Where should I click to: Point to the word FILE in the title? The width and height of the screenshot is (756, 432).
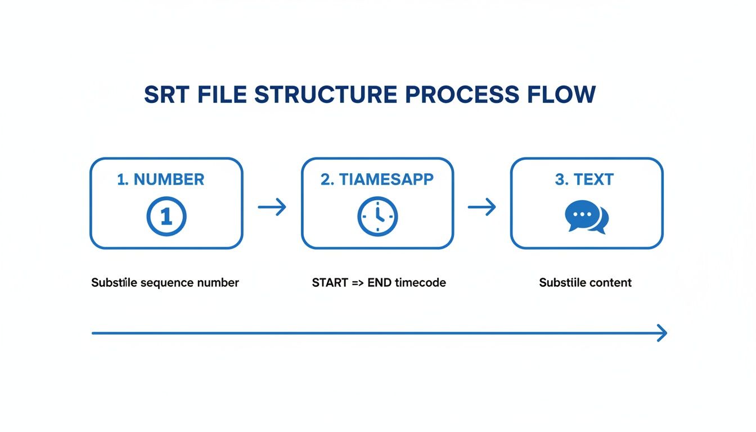coord(222,94)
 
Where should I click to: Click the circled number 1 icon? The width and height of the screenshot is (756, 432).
coord(166,216)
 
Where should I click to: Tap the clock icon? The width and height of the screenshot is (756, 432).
coord(377,216)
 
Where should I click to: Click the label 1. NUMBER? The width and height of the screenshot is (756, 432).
coord(161,179)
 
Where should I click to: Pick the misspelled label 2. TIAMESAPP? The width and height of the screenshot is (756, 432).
coord(377,179)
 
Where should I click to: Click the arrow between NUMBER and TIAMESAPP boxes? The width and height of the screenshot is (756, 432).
coord(272,207)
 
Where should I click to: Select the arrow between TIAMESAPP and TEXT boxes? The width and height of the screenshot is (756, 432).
coord(482,207)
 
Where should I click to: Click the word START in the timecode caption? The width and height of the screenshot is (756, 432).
coord(330,282)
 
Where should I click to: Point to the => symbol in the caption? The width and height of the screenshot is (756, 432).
coord(358,282)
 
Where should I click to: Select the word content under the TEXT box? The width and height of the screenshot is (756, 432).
coord(610,282)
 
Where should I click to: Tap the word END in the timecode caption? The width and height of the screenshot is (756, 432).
coord(380,282)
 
